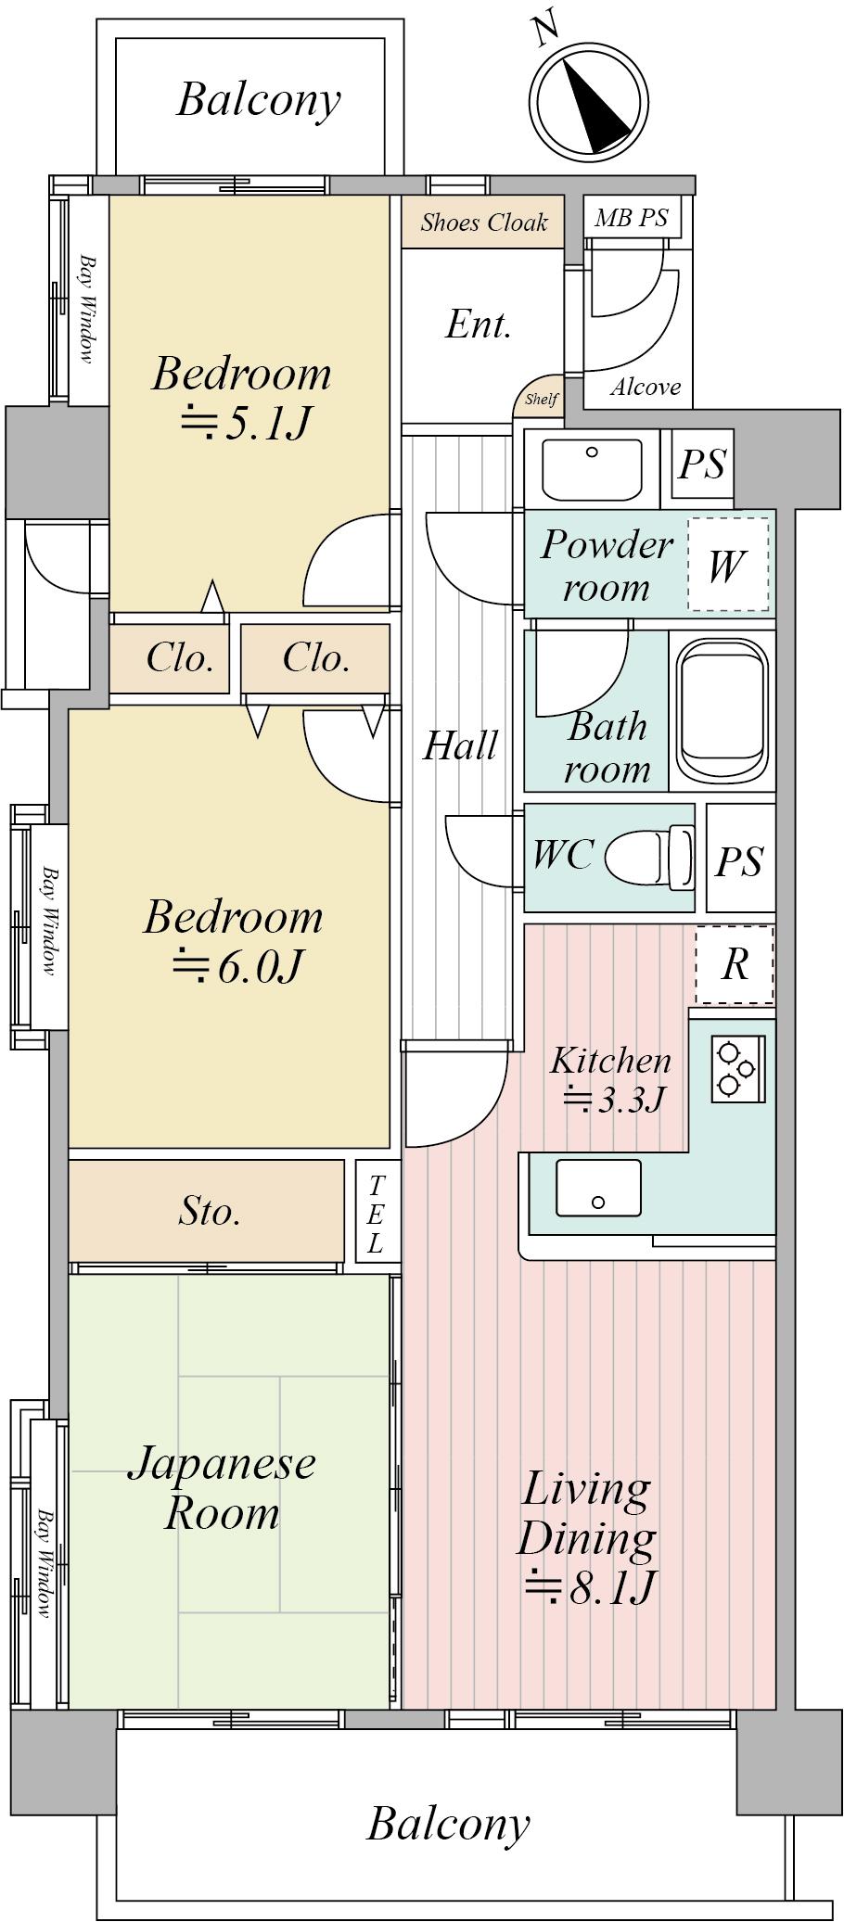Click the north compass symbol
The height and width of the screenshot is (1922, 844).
click(x=587, y=102)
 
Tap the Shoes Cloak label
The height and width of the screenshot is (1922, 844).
click(x=483, y=223)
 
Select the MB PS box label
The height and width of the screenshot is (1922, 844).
click(x=632, y=218)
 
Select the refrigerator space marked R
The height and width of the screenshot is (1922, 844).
click(x=734, y=964)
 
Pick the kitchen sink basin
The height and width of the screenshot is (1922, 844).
click(x=598, y=1188)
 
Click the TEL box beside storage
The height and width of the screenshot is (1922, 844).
click(x=376, y=1212)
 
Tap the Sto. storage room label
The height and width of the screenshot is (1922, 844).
click(x=211, y=1211)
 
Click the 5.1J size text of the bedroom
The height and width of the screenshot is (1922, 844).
click(x=245, y=424)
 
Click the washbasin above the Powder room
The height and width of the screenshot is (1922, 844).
click(x=592, y=469)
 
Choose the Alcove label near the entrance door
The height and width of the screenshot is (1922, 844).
click(x=646, y=388)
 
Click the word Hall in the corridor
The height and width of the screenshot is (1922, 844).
click(x=460, y=745)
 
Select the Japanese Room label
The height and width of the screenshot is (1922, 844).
click(x=222, y=1488)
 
